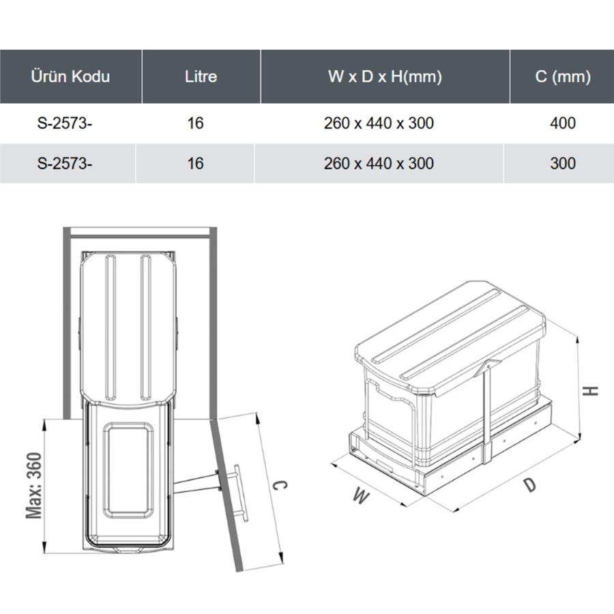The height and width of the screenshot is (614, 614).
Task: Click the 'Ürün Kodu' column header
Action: (x=70, y=76)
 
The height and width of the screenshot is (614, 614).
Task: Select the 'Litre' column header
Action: (x=201, y=76)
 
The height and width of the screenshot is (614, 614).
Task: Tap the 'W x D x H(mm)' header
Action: (x=385, y=76)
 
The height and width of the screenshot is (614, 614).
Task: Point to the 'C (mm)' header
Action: (x=563, y=76)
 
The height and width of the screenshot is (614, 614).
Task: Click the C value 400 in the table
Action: (x=563, y=123)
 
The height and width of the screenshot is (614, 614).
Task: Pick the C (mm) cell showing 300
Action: (x=563, y=163)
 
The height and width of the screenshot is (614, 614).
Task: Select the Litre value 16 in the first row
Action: (x=195, y=123)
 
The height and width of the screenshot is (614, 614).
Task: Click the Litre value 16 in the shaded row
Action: (x=195, y=163)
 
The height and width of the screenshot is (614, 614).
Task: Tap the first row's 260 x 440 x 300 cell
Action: (x=379, y=123)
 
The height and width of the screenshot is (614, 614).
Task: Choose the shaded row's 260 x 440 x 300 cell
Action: (x=379, y=163)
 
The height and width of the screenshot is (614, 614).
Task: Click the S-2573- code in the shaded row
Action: (x=65, y=163)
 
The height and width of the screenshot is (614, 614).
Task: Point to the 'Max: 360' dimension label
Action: (x=33, y=486)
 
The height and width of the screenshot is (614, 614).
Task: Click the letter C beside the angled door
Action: (x=280, y=485)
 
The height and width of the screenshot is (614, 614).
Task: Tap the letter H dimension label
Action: (x=590, y=391)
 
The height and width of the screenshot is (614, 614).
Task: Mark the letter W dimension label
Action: (x=361, y=496)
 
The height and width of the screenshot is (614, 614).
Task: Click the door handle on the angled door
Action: (x=239, y=493)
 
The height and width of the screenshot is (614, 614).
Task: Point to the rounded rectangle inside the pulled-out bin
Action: (x=128, y=470)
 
